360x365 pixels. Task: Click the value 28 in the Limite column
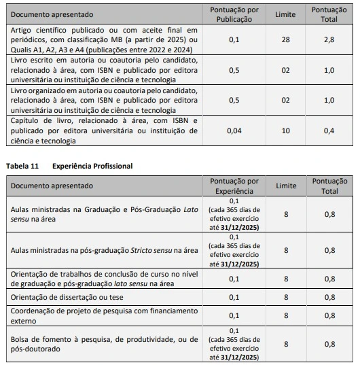[286, 41]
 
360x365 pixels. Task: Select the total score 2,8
[329, 41]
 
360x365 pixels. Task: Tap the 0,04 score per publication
[234, 131]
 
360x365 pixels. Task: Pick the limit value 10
[286, 131]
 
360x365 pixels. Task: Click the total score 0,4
[329, 131]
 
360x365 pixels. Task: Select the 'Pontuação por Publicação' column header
[234, 14]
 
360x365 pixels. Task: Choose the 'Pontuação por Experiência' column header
[234, 186]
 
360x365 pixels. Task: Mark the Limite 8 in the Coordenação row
[286, 315]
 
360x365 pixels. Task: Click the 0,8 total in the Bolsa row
[329, 344]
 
